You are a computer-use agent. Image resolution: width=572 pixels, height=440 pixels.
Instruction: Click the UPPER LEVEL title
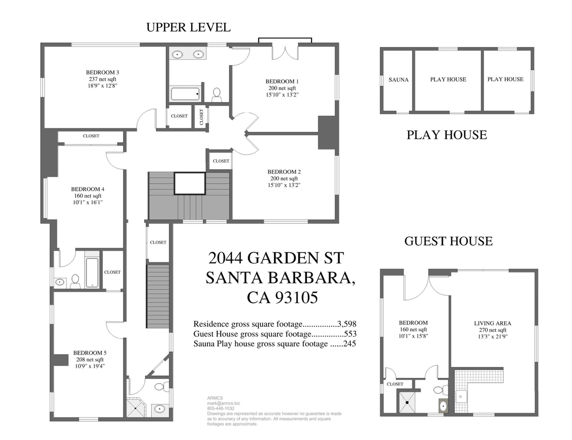[x=188, y=27]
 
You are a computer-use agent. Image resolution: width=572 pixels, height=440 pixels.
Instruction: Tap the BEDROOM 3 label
[x=102, y=72]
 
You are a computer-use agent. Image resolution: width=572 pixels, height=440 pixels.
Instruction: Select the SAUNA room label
[x=398, y=80]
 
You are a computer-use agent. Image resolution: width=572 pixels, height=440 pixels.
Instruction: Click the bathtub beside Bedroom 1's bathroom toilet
[x=185, y=94]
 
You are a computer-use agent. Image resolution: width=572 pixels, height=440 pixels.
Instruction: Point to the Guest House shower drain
[x=407, y=402]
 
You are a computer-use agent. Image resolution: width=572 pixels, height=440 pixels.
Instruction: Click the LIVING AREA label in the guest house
[x=492, y=323]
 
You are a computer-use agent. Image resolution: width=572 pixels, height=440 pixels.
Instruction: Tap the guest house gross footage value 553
[x=350, y=334]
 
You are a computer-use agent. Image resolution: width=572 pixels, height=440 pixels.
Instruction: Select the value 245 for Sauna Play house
[x=349, y=344]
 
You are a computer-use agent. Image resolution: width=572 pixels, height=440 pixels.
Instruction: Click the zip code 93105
[x=296, y=298]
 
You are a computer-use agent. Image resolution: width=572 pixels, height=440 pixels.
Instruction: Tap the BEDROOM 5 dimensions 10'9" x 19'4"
[x=90, y=366]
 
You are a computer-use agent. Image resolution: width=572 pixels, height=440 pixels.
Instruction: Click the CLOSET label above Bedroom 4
[x=91, y=136]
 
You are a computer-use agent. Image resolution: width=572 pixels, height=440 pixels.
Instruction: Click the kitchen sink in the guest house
[x=462, y=396]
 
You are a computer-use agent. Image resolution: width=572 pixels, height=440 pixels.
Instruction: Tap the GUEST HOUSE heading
[x=448, y=241]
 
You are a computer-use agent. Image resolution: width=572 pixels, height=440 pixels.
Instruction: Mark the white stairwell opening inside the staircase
[x=189, y=183]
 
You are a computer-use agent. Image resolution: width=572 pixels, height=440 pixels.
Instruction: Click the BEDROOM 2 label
[x=284, y=172]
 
